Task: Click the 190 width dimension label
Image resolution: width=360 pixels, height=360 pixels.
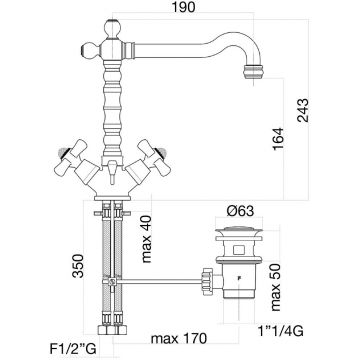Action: [x=183, y=7]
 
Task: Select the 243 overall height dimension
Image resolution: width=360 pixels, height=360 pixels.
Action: [x=303, y=110]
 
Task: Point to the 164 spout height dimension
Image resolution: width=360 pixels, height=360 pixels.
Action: [x=277, y=139]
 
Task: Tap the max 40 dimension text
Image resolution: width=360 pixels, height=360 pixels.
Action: [x=146, y=239]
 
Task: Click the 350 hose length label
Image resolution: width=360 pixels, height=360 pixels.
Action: [x=78, y=266]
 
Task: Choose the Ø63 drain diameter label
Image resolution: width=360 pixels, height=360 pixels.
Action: [x=240, y=211]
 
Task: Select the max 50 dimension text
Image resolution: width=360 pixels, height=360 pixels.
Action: [x=275, y=287]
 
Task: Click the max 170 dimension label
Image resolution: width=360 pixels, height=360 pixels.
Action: [x=179, y=339]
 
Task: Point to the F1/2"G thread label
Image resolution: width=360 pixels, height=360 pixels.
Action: [x=73, y=349]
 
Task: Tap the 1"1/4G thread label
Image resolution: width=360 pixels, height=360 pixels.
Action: [x=281, y=331]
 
